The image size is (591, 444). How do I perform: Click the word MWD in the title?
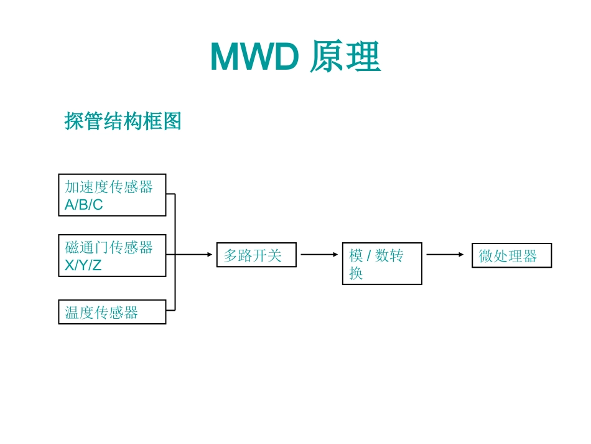pos(255,57)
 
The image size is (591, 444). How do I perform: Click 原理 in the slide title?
pos(345,57)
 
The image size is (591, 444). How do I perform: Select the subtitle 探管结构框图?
pos(123,121)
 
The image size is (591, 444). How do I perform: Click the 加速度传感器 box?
pos(112,194)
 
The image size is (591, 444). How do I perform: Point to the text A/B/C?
pos(84,205)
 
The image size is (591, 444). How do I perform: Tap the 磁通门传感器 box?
pos(112,255)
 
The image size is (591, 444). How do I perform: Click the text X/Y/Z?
pos(83,265)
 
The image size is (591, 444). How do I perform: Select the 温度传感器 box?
pos(112,312)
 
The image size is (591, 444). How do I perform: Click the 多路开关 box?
pos(256,255)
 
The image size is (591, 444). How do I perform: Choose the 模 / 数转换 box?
pos(382,263)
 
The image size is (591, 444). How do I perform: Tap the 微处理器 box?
pos(511,255)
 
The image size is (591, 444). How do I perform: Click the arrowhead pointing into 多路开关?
pos(210,255)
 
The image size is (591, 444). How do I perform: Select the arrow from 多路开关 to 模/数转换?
pos(319,255)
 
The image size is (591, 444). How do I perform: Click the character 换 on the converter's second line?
pos(356,273)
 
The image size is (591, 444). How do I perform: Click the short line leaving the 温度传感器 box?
pos(170,309)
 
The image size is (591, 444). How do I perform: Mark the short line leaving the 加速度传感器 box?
pos(170,194)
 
